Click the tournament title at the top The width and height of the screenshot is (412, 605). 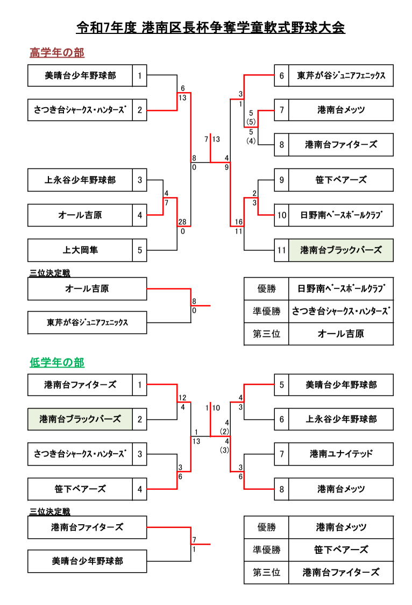click(210, 27)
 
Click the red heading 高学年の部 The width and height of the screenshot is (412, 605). click(56, 53)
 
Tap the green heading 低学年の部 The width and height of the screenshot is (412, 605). click(56, 363)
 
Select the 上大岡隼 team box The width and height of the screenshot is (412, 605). click(80, 250)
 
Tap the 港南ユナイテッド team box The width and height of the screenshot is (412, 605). click(340, 454)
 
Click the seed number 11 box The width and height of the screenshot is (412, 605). click(281, 250)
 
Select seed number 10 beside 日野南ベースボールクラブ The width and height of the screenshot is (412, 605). click(281, 215)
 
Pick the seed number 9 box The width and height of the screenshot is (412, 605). click(281, 180)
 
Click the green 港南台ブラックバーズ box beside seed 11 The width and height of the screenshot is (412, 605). click(340, 250)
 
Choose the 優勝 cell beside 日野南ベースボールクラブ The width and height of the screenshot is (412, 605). click(266, 289)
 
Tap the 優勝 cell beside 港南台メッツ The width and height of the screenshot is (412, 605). click(266, 527)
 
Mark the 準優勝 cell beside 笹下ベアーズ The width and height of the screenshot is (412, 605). click(266, 550)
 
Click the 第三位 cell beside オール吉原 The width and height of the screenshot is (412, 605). click(266, 334)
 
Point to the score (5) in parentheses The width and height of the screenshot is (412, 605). click(251, 122)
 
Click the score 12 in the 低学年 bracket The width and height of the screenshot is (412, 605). click(182, 398)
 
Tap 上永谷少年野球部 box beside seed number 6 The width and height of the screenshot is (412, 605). click(340, 419)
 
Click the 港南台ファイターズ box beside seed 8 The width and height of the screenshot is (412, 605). click(340, 145)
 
